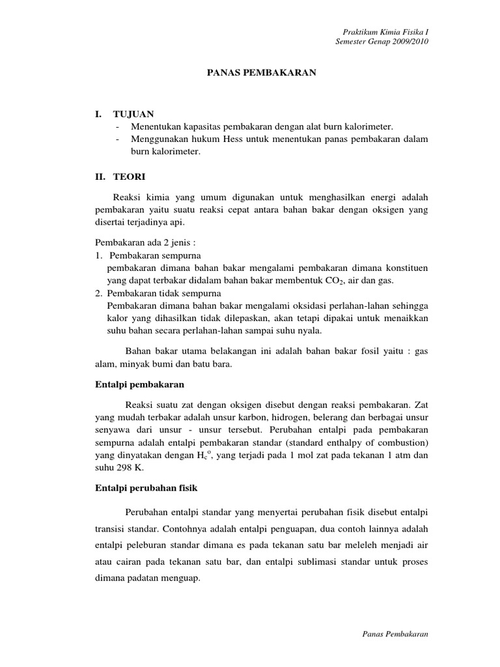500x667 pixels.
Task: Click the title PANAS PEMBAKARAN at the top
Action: (x=261, y=74)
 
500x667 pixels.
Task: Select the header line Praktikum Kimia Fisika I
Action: (x=386, y=32)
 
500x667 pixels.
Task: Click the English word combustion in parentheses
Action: (x=399, y=442)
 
